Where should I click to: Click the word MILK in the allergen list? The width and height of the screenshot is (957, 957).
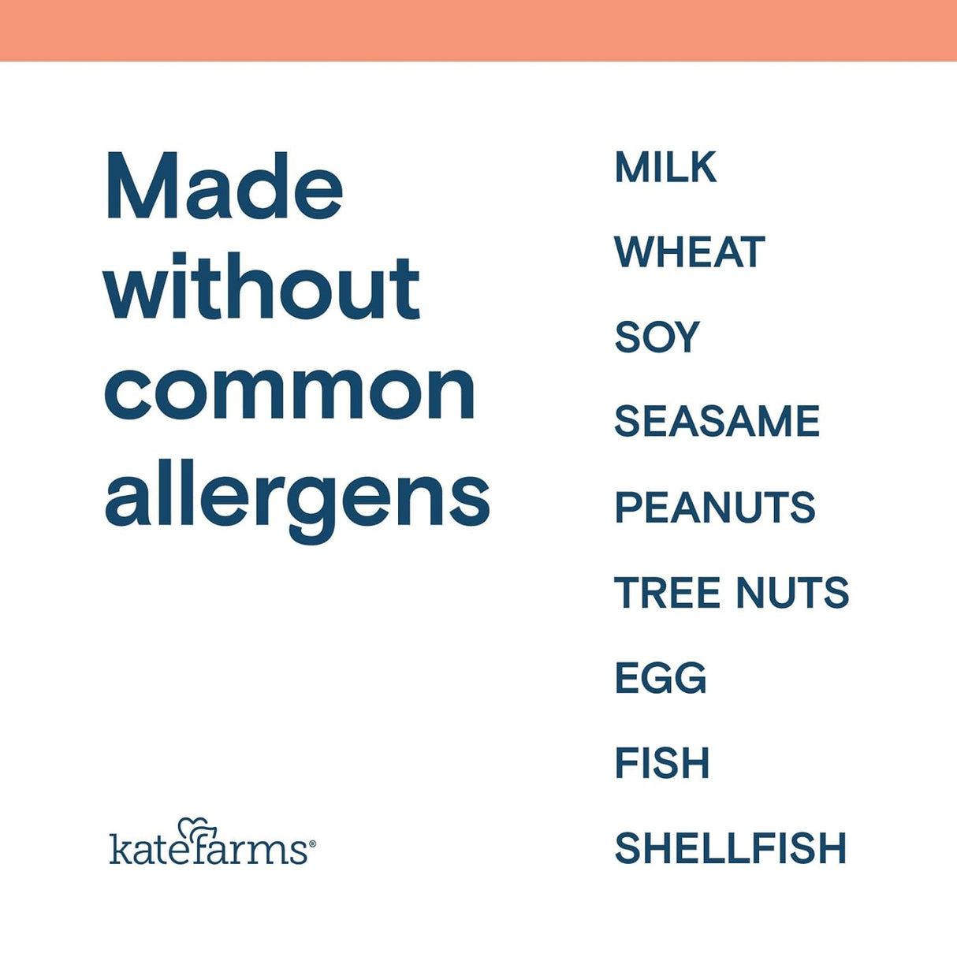[x=665, y=167]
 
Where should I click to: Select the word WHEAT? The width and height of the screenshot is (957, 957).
[x=689, y=252]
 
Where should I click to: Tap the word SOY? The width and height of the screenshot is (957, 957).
[x=657, y=337]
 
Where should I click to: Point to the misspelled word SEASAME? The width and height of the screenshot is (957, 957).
[x=717, y=422]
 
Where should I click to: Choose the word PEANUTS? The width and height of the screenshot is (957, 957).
[x=714, y=507]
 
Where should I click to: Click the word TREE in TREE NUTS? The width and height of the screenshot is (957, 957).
[x=667, y=593]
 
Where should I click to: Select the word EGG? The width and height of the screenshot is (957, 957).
[x=660, y=678]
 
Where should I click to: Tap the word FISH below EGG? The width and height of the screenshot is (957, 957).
[x=661, y=763]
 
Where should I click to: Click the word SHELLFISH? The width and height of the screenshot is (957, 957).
[x=730, y=848]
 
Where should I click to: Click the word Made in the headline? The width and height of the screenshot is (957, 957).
[x=224, y=188]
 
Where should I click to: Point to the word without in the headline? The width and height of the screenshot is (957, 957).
[x=262, y=288]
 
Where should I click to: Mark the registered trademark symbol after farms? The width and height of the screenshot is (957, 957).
[x=312, y=843]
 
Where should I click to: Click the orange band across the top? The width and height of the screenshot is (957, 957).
[x=478, y=30]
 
